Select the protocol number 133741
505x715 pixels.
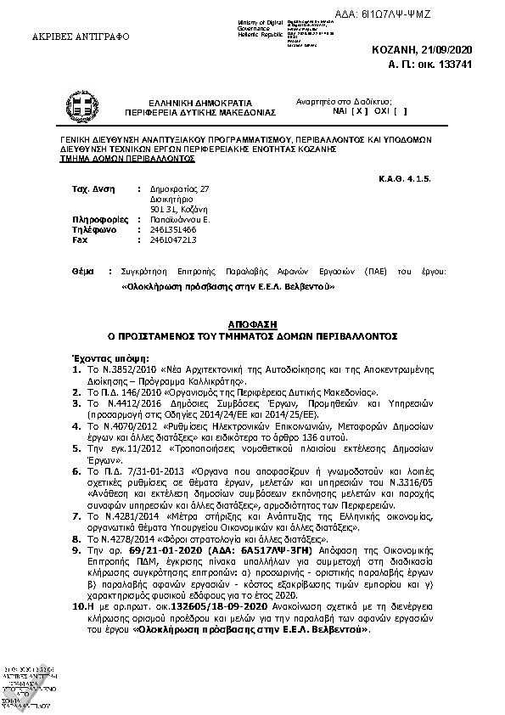[474, 64]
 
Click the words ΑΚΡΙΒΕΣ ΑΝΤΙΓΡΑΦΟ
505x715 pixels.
[68, 38]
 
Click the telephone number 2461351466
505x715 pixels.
[173, 229]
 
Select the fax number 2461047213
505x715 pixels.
[173, 239]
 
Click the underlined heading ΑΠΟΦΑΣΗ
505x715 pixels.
[252, 324]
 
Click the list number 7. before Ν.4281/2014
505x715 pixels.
[76, 515]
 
